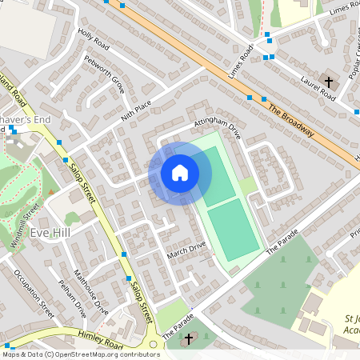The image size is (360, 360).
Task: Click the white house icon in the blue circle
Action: pos(180,173)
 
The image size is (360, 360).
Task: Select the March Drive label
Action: pos(186,251)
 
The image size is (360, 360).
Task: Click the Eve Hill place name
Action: pos(50,233)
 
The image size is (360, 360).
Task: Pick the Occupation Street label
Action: pos(34,294)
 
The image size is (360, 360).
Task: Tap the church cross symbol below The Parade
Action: pos(189,340)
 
